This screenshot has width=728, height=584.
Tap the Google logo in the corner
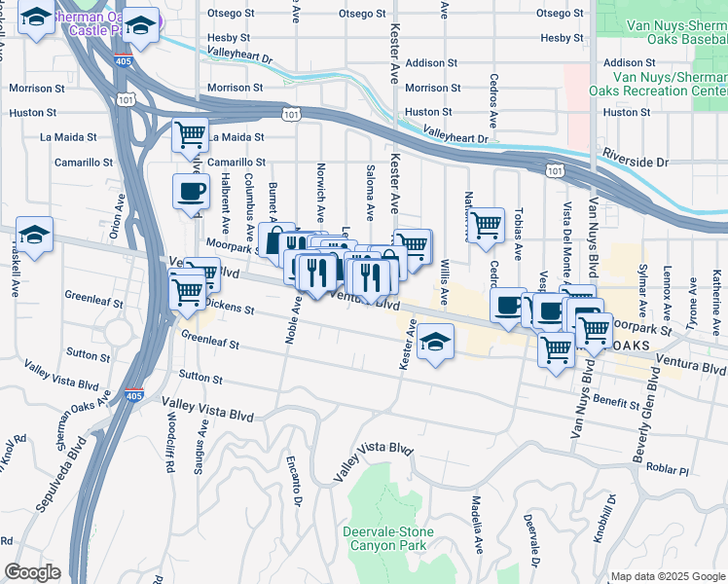click(x=32, y=572)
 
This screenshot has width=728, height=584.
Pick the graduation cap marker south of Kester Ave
click(x=436, y=343)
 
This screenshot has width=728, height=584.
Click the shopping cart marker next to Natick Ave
click(x=486, y=225)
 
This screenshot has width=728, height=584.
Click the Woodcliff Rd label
click(x=169, y=449)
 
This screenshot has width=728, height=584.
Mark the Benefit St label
click(x=613, y=400)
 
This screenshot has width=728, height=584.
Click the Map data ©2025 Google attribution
click(x=667, y=576)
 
